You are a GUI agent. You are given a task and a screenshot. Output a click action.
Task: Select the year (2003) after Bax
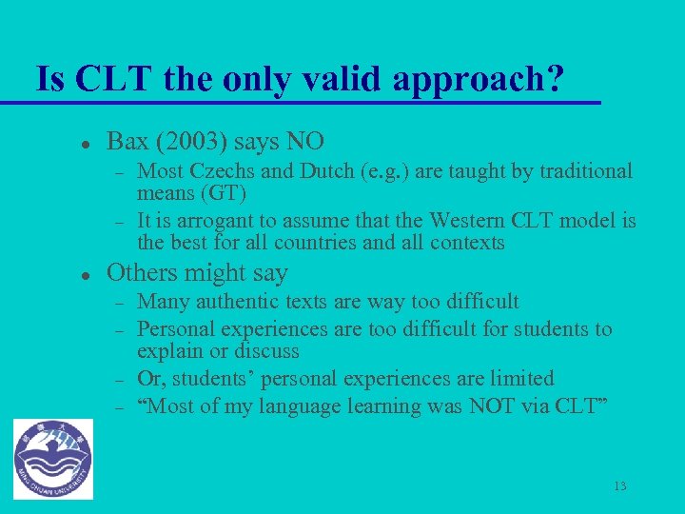point(190,142)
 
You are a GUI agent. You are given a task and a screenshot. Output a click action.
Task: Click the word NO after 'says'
point(304,142)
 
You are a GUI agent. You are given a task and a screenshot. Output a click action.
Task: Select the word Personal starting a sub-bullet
point(176,329)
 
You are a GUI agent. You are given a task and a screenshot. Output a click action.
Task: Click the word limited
point(519,379)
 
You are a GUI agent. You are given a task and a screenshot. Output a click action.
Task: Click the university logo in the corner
point(53,459)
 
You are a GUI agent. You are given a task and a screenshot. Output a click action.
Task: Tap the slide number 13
point(620,486)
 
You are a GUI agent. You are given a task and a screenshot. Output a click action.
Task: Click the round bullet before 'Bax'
point(85,144)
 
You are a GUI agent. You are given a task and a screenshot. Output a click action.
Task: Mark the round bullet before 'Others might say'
point(85,275)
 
